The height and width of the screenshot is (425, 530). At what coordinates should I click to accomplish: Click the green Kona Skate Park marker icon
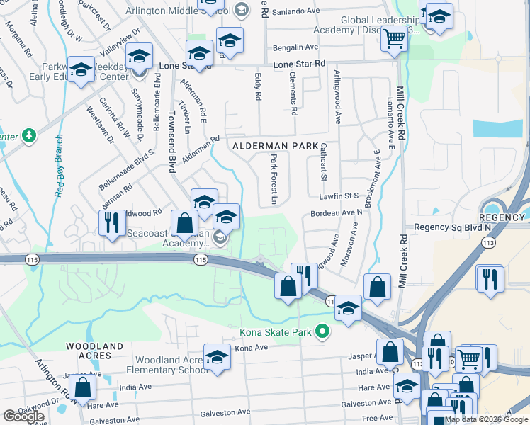point(323,331)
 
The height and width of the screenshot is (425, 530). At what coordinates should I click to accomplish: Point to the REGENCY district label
point(502,217)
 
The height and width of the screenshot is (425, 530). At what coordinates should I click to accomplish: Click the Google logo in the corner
point(23,416)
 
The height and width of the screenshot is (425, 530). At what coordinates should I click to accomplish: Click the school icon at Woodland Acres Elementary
point(217,357)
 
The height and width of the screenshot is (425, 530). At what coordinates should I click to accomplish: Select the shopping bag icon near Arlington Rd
point(83,387)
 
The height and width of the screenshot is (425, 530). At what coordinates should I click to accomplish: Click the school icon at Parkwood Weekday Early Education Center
point(81,69)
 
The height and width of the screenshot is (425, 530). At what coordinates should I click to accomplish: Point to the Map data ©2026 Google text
point(485,419)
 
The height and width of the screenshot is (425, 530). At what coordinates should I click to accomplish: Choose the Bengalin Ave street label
point(296,47)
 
